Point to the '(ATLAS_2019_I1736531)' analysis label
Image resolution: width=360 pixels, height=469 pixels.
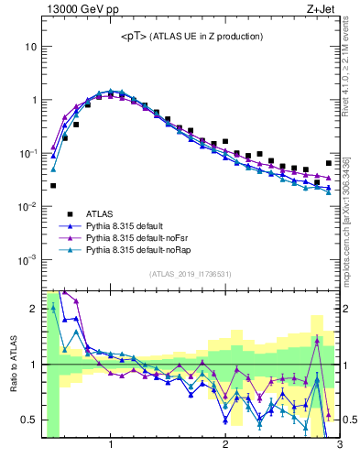point(191,274)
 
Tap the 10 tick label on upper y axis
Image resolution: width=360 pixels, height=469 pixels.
point(30,47)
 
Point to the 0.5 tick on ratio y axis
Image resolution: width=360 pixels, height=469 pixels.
point(28,420)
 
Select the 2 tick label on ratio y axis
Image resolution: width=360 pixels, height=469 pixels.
point(32,309)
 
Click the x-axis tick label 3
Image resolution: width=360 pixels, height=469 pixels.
point(339,447)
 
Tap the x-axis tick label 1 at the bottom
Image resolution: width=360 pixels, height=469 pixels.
point(111,447)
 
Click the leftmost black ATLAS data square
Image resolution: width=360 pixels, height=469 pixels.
point(53,185)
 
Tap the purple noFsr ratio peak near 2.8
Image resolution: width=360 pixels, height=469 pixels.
point(317,340)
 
